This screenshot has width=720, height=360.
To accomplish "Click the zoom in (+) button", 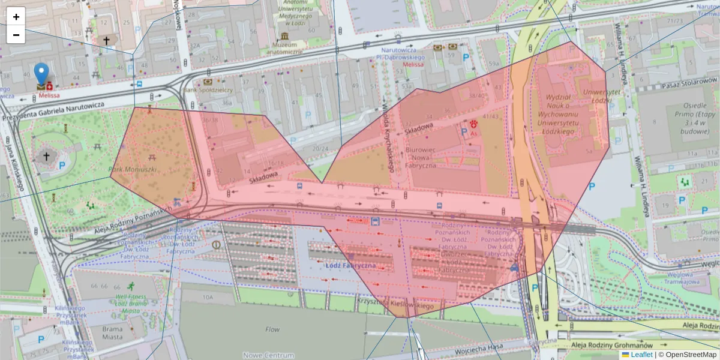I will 16,17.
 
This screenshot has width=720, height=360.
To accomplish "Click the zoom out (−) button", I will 16,35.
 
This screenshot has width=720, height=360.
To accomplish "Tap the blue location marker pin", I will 41,74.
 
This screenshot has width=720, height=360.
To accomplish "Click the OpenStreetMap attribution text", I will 687,355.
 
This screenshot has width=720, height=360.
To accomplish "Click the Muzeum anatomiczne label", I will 287,48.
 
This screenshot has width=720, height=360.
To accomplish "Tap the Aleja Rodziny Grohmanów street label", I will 611,344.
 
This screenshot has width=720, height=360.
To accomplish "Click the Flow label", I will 272,329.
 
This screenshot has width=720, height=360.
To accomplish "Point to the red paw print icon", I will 474,124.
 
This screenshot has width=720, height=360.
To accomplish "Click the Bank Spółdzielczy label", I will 209,89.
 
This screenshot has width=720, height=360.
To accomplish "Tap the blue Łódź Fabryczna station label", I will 350,265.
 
